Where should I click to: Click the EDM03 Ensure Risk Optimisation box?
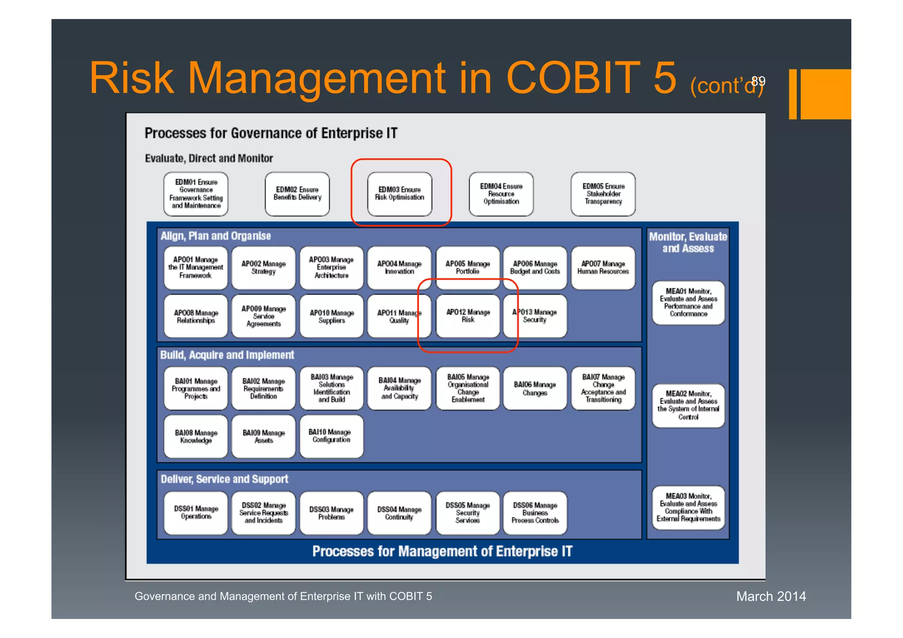(399, 194)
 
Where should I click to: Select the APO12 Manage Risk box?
(468, 316)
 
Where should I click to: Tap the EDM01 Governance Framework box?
(196, 194)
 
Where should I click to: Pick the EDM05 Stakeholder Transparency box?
(603, 194)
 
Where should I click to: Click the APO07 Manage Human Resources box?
(603, 268)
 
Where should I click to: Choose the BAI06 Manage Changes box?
(535, 388)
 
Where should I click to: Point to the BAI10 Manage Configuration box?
(331, 436)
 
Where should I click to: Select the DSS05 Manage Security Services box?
(467, 513)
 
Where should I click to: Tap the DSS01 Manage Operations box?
(196, 513)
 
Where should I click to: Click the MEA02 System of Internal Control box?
(688, 405)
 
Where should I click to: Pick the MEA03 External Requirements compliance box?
(688, 507)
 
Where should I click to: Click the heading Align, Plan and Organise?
(216, 236)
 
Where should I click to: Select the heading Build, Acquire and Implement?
(227, 355)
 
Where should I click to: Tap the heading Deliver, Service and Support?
(224, 479)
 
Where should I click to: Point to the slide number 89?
(758, 81)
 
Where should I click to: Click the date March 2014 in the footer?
(771, 596)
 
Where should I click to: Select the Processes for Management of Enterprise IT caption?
(442, 551)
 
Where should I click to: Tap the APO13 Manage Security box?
(535, 316)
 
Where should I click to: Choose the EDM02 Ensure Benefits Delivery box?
(297, 194)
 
